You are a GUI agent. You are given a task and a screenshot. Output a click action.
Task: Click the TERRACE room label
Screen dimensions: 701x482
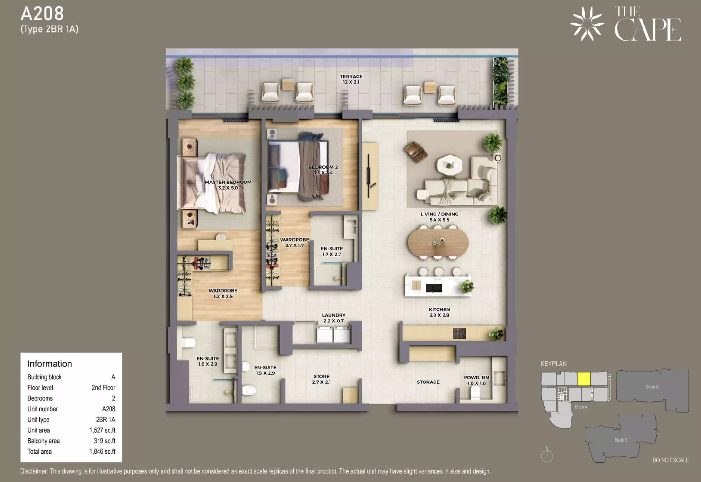tap(351, 77)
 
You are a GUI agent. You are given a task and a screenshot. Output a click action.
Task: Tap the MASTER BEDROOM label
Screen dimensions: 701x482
tap(228, 182)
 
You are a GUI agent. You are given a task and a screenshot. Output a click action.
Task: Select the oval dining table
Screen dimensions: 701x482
tap(438, 242)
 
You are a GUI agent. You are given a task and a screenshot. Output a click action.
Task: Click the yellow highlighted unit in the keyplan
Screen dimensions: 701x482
tap(584, 379)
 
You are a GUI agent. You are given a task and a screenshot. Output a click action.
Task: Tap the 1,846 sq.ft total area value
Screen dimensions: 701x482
tap(102, 451)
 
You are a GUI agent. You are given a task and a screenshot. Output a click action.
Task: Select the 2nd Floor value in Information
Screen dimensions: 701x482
tap(103, 388)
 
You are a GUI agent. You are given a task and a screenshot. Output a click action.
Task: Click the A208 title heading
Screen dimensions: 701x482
tap(42, 14)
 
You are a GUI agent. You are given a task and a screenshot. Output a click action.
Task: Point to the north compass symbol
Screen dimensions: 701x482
tap(547, 455)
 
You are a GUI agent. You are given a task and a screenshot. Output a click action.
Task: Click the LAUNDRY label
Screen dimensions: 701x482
tap(334, 315)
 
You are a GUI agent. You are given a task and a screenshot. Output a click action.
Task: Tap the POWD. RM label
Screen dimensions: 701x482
tap(476, 377)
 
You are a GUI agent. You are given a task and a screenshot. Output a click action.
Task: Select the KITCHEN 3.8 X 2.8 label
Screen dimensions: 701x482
tap(439, 312)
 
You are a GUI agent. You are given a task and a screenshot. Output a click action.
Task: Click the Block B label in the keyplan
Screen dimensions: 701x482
tap(652, 387)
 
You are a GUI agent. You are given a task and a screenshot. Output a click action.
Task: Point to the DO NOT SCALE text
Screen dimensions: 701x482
tap(671, 460)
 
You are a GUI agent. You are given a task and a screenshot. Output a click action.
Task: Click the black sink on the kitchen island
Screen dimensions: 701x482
tap(434, 288)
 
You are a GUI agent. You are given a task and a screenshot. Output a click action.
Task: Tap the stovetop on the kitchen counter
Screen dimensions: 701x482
tap(459, 333)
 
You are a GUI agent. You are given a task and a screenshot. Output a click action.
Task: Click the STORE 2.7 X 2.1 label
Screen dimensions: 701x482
tap(321, 379)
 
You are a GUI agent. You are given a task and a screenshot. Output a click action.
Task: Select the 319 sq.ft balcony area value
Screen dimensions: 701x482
tap(105, 441)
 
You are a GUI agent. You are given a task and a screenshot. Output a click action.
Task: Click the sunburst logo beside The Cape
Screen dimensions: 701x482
tap(587, 24)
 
